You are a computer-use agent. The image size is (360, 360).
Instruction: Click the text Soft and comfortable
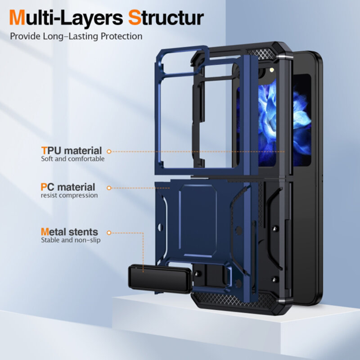point(72,159)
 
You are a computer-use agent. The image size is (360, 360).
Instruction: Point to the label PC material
point(67,187)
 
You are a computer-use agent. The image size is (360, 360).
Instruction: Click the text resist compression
point(69,195)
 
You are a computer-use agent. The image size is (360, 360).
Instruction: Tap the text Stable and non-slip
point(71,240)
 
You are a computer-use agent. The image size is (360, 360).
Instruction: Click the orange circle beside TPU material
point(109,152)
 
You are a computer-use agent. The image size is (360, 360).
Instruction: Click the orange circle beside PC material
point(109,187)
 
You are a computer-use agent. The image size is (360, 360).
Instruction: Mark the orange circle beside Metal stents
point(109,233)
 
